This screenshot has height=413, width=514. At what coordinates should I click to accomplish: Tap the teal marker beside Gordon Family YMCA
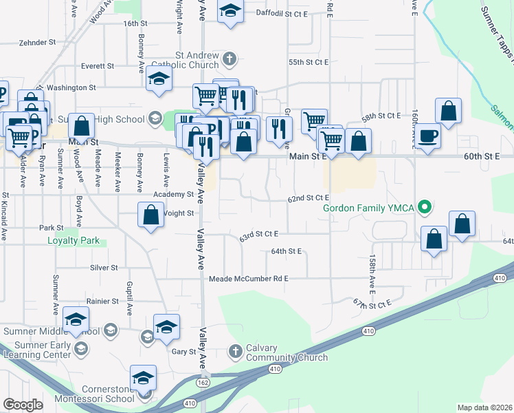[425, 206]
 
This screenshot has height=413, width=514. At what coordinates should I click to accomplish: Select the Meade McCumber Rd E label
[249, 279]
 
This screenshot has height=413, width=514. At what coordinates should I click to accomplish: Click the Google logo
[23, 405]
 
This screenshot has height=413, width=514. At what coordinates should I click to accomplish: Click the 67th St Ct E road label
[372, 303]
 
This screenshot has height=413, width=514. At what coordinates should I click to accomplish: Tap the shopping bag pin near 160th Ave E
[448, 112]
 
